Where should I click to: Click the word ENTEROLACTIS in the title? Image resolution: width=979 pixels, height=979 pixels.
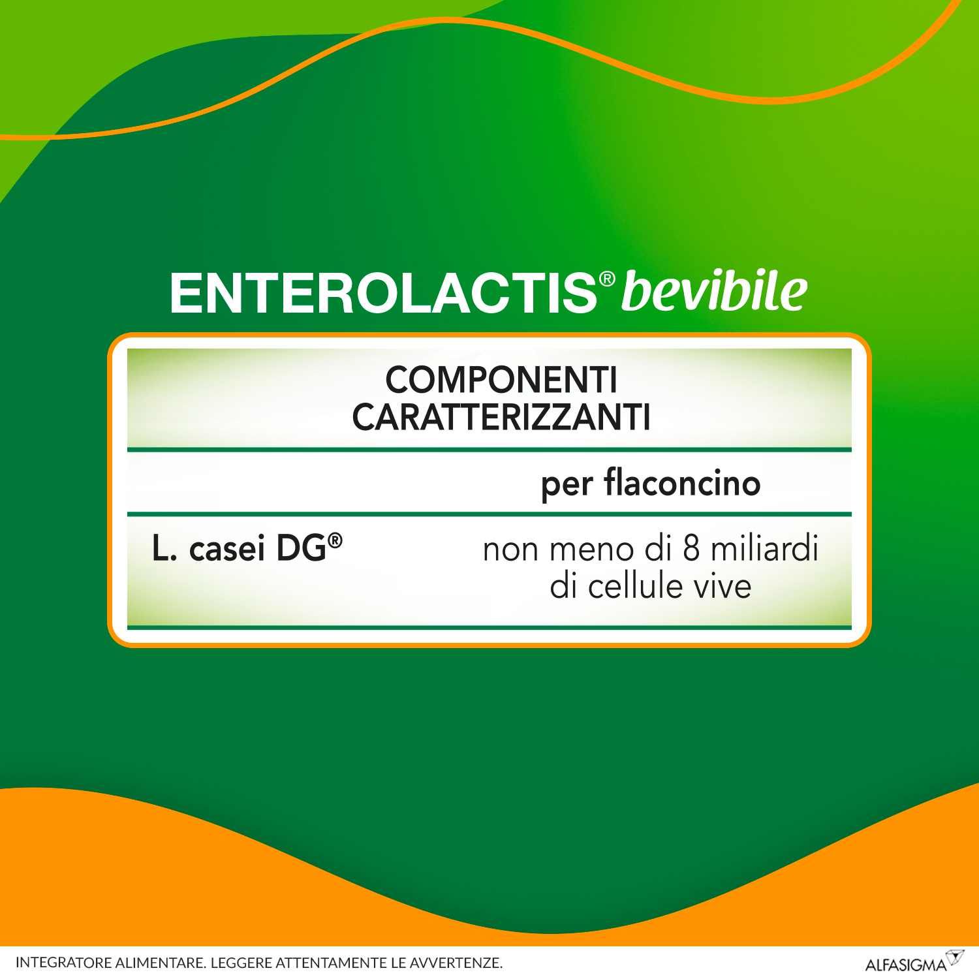point(382,294)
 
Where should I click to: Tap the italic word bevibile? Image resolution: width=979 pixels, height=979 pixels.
point(714,291)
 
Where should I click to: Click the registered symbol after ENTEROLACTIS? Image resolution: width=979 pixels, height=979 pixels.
point(607,279)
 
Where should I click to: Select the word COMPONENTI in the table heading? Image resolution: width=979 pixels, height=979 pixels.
point(501,380)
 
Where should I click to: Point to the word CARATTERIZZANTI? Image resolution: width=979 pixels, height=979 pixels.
point(501,418)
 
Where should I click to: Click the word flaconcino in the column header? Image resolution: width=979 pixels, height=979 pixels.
point(682,483)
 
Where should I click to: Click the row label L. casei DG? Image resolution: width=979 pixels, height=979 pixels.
point(239,548)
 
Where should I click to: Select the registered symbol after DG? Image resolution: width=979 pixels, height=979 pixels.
point(335,540)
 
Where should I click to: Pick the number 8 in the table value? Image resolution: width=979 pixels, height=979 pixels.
point(691,548)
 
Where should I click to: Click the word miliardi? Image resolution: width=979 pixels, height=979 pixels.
point(764,548)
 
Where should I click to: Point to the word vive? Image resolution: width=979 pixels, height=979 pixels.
point(723,585)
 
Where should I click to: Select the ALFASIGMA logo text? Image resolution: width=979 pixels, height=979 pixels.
point(905,965)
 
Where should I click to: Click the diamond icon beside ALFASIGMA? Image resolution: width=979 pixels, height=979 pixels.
point(955,957)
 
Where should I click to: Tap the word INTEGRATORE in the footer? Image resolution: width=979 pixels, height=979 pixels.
point(63,963)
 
